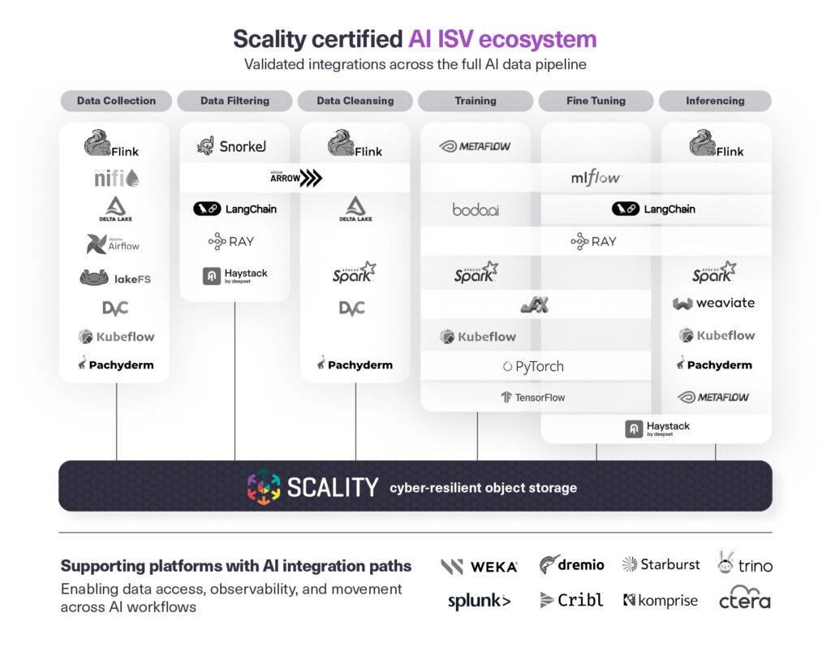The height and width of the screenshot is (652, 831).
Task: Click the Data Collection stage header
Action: point(116,101)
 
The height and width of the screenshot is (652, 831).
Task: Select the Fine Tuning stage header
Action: point(596,101)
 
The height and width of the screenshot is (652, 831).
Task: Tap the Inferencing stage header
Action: point(715,101)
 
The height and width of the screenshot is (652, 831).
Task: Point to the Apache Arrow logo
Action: point(295,178)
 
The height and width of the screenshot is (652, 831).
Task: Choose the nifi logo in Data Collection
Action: point(116,178)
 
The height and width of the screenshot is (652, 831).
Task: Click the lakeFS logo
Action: point(115,279)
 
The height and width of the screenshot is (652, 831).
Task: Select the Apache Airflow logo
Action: point(114,244)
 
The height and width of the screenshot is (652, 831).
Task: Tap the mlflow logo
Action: point(596,178)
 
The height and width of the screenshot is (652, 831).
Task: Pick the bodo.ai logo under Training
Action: point(476,209)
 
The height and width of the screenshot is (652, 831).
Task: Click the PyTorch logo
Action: point(533,366)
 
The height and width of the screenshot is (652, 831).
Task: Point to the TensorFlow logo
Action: point(533,397)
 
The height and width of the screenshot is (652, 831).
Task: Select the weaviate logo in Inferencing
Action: point(714,303)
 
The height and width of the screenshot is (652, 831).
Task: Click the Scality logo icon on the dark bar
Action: point(264,486)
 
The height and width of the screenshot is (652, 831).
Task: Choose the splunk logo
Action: point(479,601)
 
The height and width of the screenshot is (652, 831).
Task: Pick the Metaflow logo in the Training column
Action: point(475,146)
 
